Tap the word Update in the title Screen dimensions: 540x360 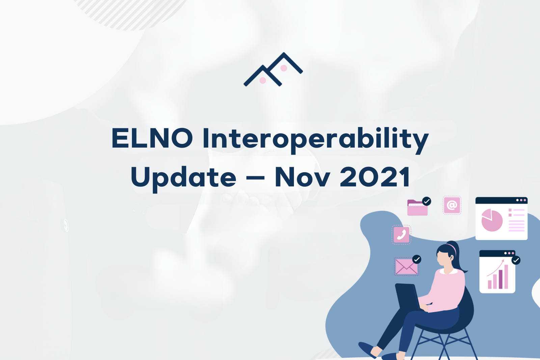tap(184, 179)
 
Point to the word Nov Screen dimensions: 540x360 tap(302, 177)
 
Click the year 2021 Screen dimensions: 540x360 tap(375, 177)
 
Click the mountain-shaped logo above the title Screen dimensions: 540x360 tap(273, 69)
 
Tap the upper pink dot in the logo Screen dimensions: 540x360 tap(284, 68)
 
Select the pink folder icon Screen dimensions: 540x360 tap(417, 207)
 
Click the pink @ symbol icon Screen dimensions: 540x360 tap(452, 205)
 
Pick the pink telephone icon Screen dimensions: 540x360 tap(401, 234)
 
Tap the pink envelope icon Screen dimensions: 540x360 tap(406, 266)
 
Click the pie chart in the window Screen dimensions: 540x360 tap(492, 220)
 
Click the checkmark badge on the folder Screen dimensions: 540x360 tap(427, 201)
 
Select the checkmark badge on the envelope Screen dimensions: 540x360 tap(416, 259)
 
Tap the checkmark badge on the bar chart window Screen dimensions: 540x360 tap(516, 260)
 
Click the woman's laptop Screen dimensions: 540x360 tap(407, 297)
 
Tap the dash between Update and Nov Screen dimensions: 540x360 tap(255, 178)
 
